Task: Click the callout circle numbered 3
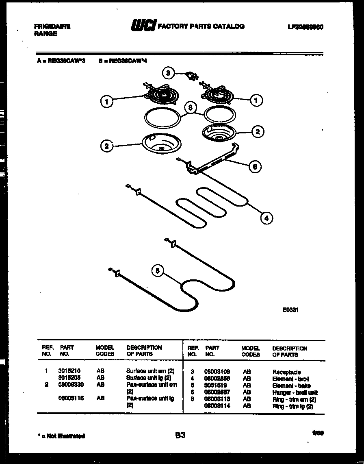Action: [169, 73]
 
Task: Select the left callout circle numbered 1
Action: [106, 102]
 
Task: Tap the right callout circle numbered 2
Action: [257, 131]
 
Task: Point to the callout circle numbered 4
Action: [266, 218]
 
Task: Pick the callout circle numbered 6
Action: [254, 166]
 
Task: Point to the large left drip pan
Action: [162, 144]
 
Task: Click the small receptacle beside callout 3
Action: [191, 76]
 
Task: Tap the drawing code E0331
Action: [291, 309]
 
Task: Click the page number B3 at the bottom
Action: [180, 435]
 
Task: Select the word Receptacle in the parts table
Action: [286, 372]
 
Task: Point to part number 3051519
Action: [214, 386]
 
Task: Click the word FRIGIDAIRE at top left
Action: [52, 26]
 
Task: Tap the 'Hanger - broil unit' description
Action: [295, 392]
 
